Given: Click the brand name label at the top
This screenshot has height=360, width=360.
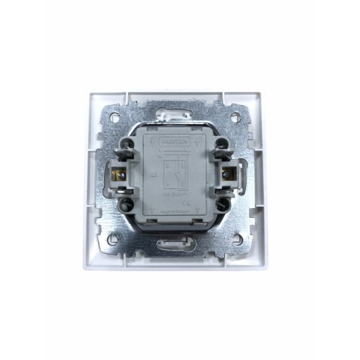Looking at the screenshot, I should tap(174, 142).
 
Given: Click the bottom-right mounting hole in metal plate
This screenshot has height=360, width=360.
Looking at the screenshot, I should tap(234, 240).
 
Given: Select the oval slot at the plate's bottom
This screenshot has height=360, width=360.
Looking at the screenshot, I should tap(174, 243).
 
